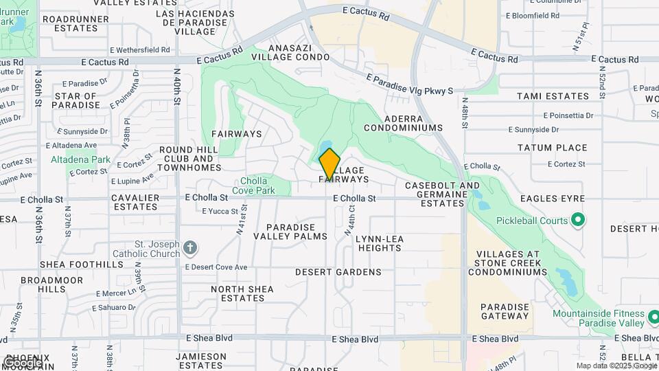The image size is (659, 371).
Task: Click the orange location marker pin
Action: tap(329, 164)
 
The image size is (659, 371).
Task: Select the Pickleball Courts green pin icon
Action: tap(578, 221)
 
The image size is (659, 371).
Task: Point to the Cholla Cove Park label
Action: tap(253, 185)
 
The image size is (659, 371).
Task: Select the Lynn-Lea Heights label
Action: tap(380, 243)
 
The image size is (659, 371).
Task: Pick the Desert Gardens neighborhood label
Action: tap(338, 272)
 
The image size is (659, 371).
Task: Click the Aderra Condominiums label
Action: tap(403, 123)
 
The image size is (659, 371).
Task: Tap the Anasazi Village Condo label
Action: tap(294, 52)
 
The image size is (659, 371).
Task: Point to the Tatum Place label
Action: tap(552, 148)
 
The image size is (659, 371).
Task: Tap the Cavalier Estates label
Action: tap(136, 202)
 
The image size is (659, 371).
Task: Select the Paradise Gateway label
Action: tap(505, 311)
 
